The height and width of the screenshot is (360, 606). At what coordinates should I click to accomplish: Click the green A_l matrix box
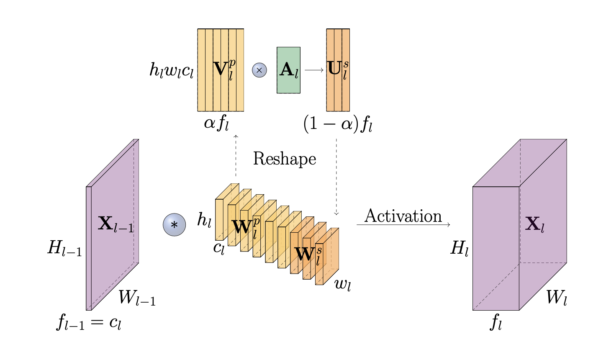pyautogui.click(x=288, y=70)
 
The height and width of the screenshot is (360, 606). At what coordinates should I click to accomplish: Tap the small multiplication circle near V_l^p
pyautogui.click(x=259, y=70)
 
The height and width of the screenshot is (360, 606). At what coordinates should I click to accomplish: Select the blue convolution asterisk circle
pyautogui.click(x=174, y=225)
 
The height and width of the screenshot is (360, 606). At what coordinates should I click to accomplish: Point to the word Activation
pyautogui.click(x=403, y=216)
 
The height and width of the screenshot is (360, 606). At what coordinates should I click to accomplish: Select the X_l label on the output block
pyautogui.click(x=535, y=225)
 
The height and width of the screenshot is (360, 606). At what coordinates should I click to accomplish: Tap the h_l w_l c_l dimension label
pyautogui.click(x=172, y=70)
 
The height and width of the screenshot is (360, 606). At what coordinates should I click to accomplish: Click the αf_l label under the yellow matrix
pyautogui.click(x=216, y=124)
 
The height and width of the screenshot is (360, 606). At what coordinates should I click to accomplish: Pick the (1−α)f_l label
pyautogui.click(x=338, y=124)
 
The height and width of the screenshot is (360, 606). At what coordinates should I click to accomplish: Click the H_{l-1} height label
pyautogui.click(x=64, y=249)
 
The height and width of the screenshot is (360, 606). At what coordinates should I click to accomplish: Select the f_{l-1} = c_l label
pyautogui.click(x=89, y=323)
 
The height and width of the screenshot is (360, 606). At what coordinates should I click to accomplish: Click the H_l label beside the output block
pyautogui.click(x=459, y=249)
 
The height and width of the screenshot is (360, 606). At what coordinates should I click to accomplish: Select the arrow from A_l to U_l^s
pyautogui.click(x=314, y=70)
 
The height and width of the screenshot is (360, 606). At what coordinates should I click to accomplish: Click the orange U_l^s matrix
pyautogui.click(x=338, y=70)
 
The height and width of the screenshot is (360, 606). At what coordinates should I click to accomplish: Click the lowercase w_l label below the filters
pyautogui.click(x=342, y=285)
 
